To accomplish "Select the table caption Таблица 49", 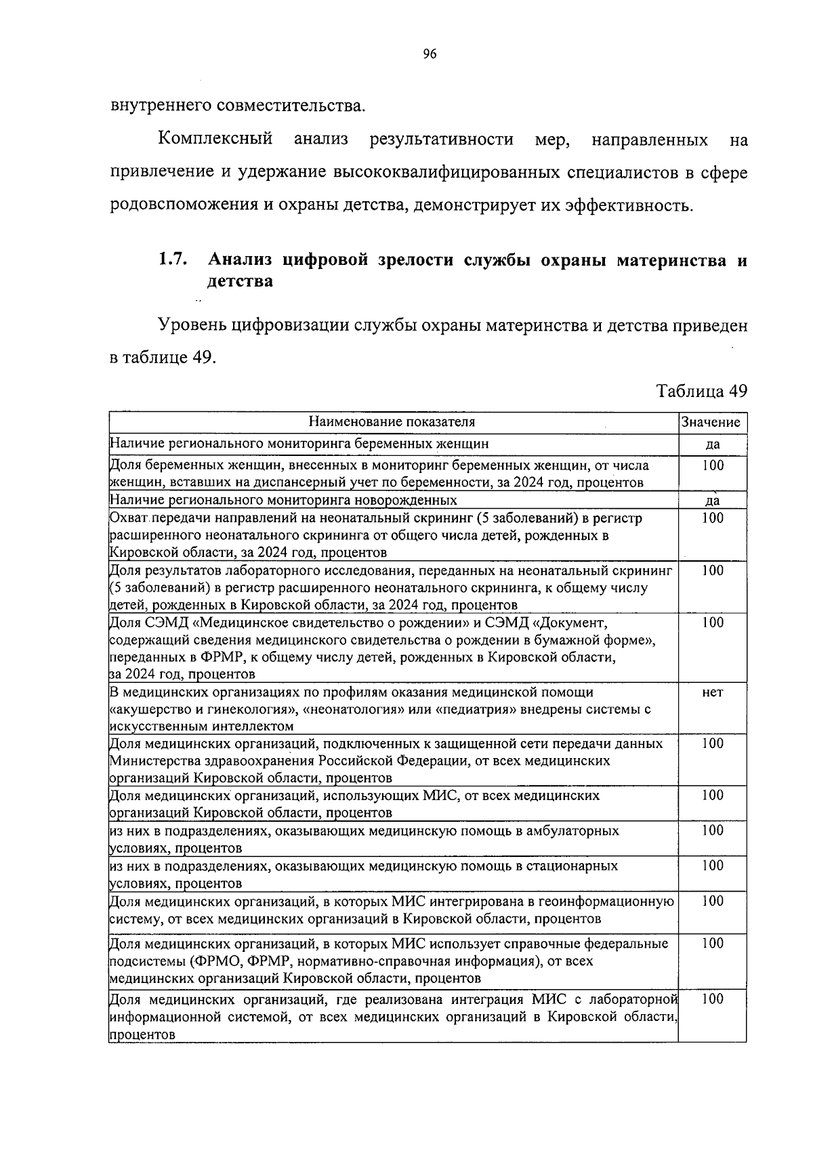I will point(701,391).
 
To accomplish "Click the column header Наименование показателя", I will point(392,422).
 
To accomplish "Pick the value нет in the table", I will point(712,692).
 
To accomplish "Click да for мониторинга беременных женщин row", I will point(712,444).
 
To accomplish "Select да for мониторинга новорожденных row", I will point(712,501).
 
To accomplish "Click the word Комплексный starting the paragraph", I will point(215,140).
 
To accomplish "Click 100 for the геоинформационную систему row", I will point(712,901).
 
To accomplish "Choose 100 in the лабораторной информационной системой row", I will point(712,999).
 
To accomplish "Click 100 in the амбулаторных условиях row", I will point(712,831).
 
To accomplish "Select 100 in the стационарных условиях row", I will point(712,866).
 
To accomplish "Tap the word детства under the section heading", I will point(240,280).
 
